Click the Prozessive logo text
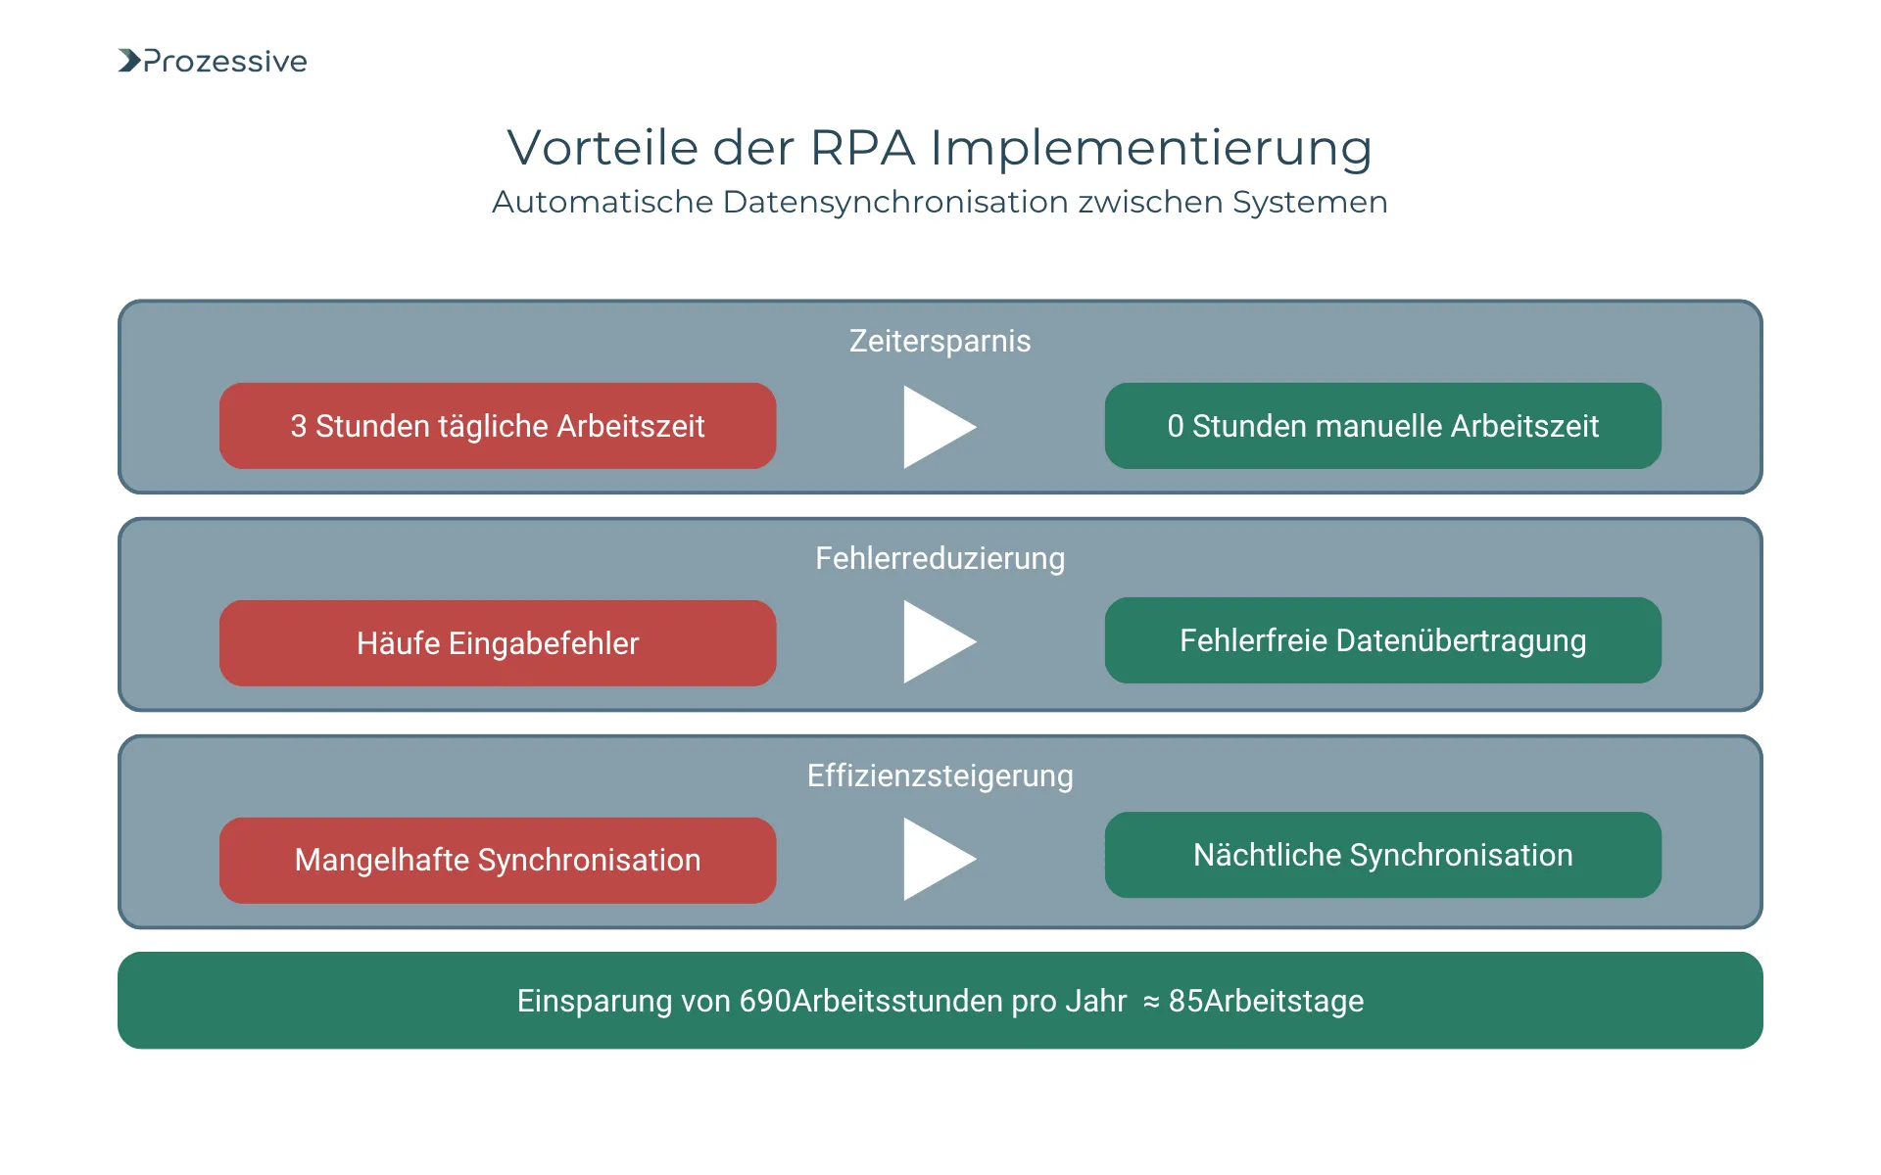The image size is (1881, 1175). (x=225, y=62)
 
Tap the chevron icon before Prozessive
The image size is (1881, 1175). (x=129, y=61)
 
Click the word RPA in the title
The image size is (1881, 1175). (x=862, y=148)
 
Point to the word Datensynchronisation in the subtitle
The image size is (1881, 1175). (x=895, y=202)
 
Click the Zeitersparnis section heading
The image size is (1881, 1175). (x=940, y=341)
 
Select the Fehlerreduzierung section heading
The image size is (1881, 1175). (x=940, y=558)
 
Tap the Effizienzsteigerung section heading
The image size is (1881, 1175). (x=940, y=775)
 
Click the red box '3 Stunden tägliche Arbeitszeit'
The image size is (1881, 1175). (x=498, y=426)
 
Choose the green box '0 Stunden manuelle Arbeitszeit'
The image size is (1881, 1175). (x=1382, y=426)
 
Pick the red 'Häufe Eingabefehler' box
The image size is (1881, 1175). (x=498, y=643)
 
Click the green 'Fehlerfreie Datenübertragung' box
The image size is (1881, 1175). (x=1382, y=640)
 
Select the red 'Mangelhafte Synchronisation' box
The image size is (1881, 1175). (x=498, y=860)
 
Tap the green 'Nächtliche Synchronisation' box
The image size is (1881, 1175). (x=1382, y=855)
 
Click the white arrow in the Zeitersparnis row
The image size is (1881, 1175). (x=936, y=427)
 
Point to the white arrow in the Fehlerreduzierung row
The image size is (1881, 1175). (x=936, y=642)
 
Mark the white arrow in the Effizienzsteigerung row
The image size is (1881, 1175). (x=936, y=860)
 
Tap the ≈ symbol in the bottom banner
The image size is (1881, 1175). (x=1151, y=1002)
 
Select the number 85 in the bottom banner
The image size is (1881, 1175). (x=1185, y=1001)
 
